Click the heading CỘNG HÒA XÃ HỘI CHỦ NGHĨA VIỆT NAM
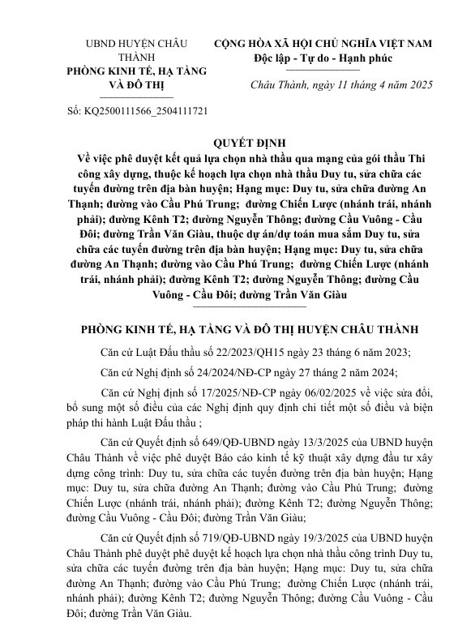point(323,43)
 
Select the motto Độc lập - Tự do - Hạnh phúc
point(323,58)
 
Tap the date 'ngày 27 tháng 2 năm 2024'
point(336,373)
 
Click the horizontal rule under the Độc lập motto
point(323,70)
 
